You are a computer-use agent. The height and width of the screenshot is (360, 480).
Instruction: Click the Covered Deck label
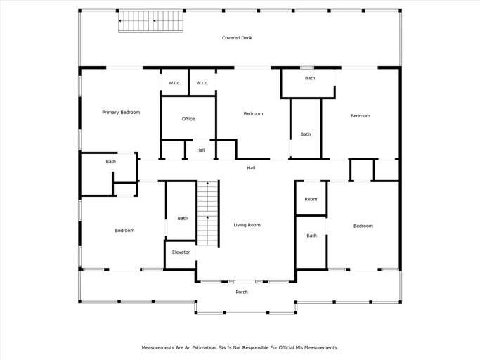click(x=237, y=38)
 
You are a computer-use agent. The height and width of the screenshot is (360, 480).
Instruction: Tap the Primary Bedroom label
click(x=121, y=112)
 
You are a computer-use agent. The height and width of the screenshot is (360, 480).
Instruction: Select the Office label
click(x=188, y=119)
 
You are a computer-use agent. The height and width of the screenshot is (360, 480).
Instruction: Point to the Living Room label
click(x=247, y=225)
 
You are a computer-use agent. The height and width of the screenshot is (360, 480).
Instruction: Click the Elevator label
click(x=181, y=252)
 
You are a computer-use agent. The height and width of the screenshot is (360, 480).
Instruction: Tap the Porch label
click(x=242, y=292)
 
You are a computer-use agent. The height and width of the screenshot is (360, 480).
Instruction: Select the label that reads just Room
click(x=311, y=199)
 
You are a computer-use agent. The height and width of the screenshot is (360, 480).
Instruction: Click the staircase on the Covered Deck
click(x=150, y=21)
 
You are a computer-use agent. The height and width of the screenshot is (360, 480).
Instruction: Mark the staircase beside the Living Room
click(x=207, y=213)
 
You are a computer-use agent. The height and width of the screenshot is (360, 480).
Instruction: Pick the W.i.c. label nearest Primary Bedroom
click(x=175, y=83)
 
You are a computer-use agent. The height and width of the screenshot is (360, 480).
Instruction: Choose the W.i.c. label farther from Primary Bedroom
click(x=202, y=83)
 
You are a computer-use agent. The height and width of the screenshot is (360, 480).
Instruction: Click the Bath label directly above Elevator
click(x=183, y=219)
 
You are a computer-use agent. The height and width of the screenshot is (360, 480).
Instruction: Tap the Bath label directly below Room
click(x=311, y=236)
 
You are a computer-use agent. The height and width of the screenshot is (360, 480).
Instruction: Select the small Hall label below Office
click(x=200, y=150)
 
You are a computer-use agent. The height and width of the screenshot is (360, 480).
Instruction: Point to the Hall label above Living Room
click(x=251, y=168)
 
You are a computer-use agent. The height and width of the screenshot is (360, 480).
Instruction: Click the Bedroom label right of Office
click(x=253, y=114)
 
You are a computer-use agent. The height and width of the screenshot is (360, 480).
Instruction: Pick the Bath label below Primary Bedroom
click(x=111, y=162)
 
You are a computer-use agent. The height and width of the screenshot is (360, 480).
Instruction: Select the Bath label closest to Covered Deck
click(x=310, y=78)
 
